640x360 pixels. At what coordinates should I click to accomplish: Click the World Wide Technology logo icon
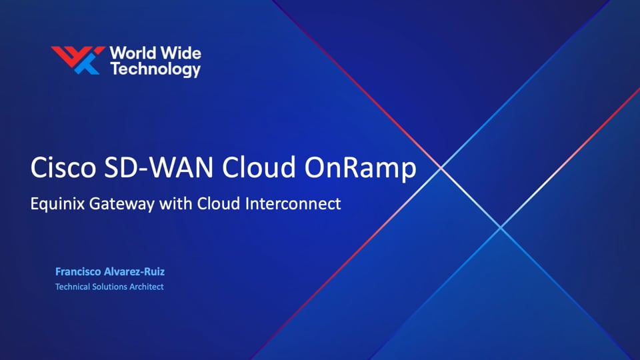[78, 60]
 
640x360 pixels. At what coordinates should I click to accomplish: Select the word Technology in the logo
[155, 69]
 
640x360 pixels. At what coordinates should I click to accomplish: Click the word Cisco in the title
[63, 167]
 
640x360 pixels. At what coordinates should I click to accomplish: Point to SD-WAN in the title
[159, 167]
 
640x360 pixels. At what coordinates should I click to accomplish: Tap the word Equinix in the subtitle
[57, 204]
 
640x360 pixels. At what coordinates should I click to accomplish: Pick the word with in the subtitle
[176, 203]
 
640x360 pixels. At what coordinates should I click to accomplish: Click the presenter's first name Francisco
[78, 271]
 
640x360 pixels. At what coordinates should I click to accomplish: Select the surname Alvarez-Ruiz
[134, 271]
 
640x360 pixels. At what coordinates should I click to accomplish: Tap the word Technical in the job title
[72, 287]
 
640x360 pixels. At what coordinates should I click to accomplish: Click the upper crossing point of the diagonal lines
[441, 167]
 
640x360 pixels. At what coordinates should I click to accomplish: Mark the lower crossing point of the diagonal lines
[501, 227]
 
